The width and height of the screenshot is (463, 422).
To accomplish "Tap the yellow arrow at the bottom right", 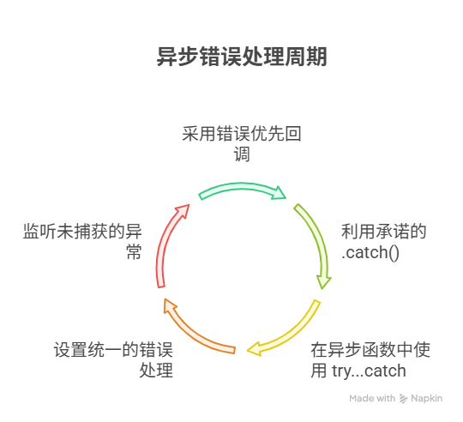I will tap(287, 335).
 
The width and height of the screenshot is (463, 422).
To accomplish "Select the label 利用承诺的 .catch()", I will tap(383, 242).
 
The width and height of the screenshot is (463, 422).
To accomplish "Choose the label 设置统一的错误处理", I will tap(113, 360).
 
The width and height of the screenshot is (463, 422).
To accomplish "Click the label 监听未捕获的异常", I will tap(81, 242).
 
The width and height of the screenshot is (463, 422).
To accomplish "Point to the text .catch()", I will tap(371, 253).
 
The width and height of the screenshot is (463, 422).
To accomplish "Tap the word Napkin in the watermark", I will tap(425, 398).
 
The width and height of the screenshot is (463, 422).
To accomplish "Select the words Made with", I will tap(372, 398).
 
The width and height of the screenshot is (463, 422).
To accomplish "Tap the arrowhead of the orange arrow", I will tap(169, 303).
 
